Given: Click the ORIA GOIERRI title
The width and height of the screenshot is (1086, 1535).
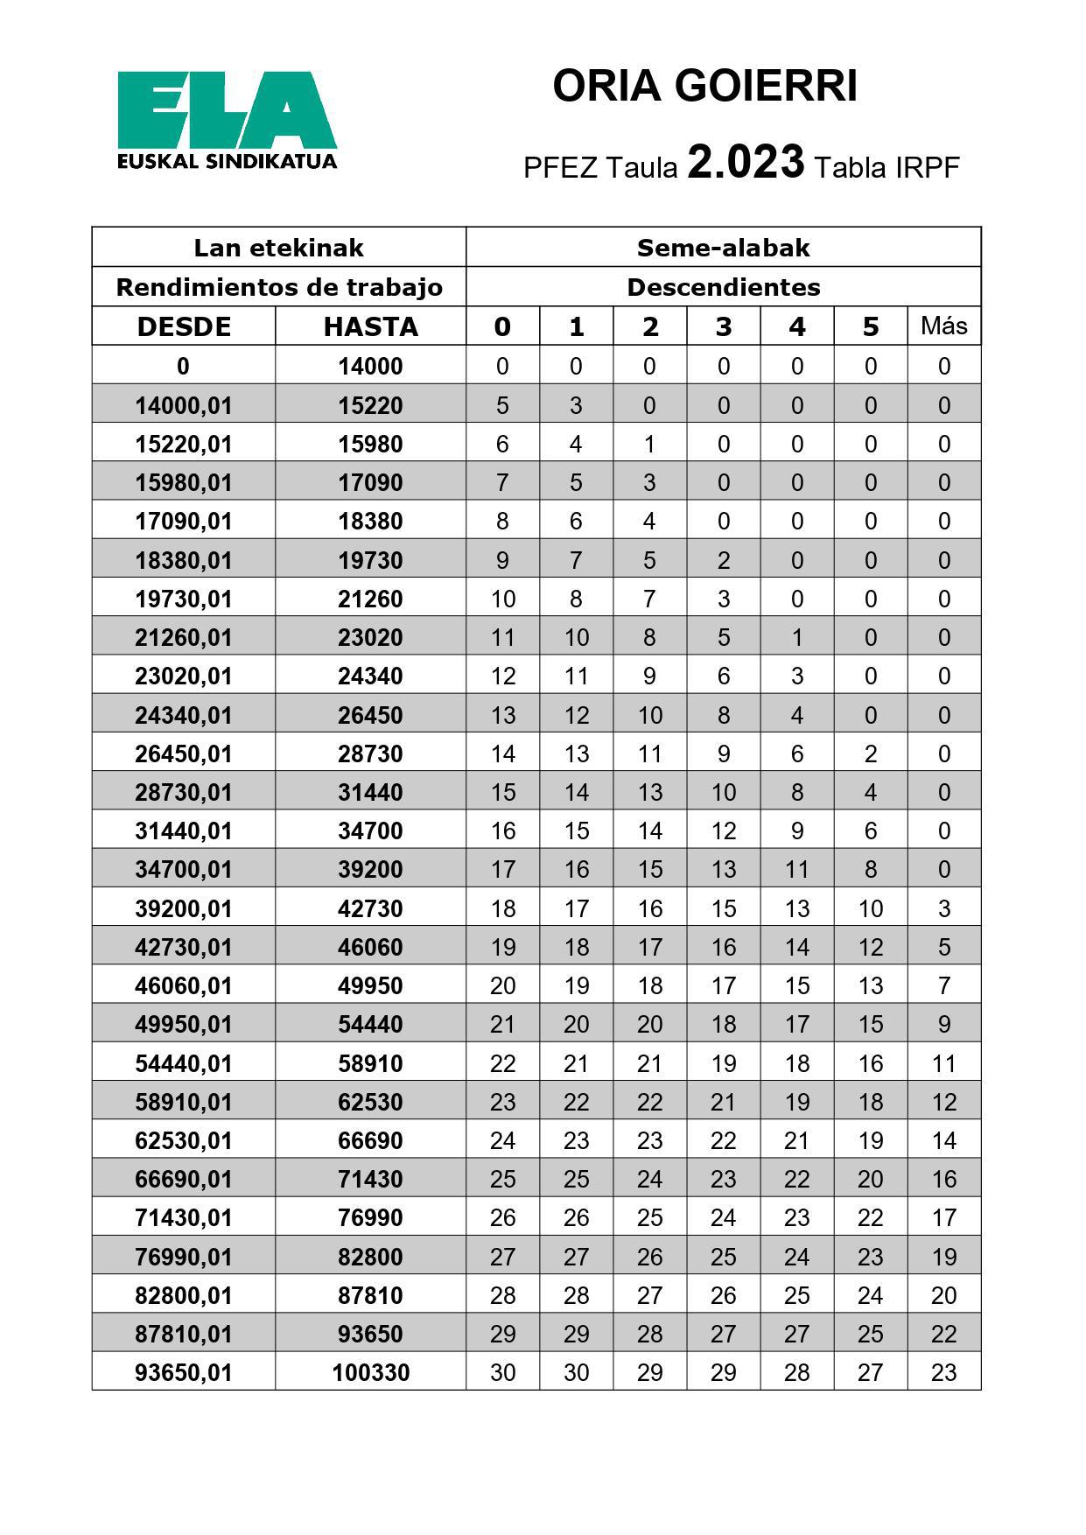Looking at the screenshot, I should pyautogui.click(x=704, y=87).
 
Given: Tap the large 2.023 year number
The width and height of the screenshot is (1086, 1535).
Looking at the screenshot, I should pyautogui.click(x=746, y=162).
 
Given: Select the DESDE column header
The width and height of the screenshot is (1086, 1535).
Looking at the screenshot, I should pyautogui.click(x=184, y=326).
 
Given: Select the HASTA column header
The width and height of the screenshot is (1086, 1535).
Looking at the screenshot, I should pyautogui.click(x=370, y=326).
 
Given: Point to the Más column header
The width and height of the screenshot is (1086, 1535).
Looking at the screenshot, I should pyautogui.click(x=943, y=326).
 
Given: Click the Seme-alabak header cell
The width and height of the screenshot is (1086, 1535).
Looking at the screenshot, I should pyautogui.click(x=723, y=248).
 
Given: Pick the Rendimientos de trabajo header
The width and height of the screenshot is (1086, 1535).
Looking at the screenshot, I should pyautogui.click(x=279, y=287).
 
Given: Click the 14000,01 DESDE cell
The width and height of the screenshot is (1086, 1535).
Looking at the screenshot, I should pyautogui.click(x=184, y=405).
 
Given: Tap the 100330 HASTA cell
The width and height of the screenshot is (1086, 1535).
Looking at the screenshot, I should pyautogui.click(x=370, y=1372).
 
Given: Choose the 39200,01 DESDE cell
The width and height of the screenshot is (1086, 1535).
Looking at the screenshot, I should pyautogui.click(x=184, y=908).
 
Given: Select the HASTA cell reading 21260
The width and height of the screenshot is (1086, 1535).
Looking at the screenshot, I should pyautogui.click(x=370, y=599).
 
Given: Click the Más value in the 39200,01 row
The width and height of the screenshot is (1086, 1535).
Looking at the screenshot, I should pyautogui.click(x=943, y=908).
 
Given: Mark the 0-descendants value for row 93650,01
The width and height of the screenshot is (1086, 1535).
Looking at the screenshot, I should pyautogui.click(x=502, y=1372).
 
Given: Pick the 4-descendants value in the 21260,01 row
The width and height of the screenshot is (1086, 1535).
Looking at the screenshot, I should pyautogui.click(x=796, y=638).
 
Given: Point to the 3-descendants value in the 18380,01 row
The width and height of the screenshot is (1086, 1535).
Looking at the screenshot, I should pyautogui.click(x=723, y=560).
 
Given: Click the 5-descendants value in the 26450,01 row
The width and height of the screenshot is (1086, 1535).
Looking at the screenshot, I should pyautogui.click(x=870, y=753).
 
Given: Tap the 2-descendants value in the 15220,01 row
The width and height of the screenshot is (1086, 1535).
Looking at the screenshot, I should pyautogui.click(x=649, y=445).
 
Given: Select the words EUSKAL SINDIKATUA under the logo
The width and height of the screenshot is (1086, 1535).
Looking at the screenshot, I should pyautogui.click(x=227, y=162).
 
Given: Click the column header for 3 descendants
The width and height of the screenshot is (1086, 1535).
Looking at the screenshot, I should pyautogui.click(x=723, y=326).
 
